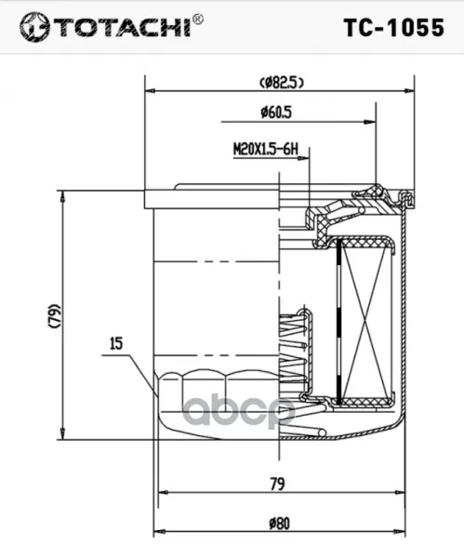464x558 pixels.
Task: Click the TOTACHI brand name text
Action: point(123,28)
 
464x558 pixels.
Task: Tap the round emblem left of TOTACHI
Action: point(34,27)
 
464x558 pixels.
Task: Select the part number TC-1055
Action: point(394,27)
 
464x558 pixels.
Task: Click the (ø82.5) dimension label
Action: point(282,83)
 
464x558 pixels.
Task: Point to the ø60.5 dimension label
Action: point(276,113)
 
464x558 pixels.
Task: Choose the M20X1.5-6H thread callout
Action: point(265,149)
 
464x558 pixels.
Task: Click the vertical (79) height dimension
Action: point(54,315)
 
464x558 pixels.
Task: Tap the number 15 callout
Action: point(116,343)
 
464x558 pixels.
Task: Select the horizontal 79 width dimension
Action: point(277,484)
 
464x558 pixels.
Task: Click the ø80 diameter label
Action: point(279,524)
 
